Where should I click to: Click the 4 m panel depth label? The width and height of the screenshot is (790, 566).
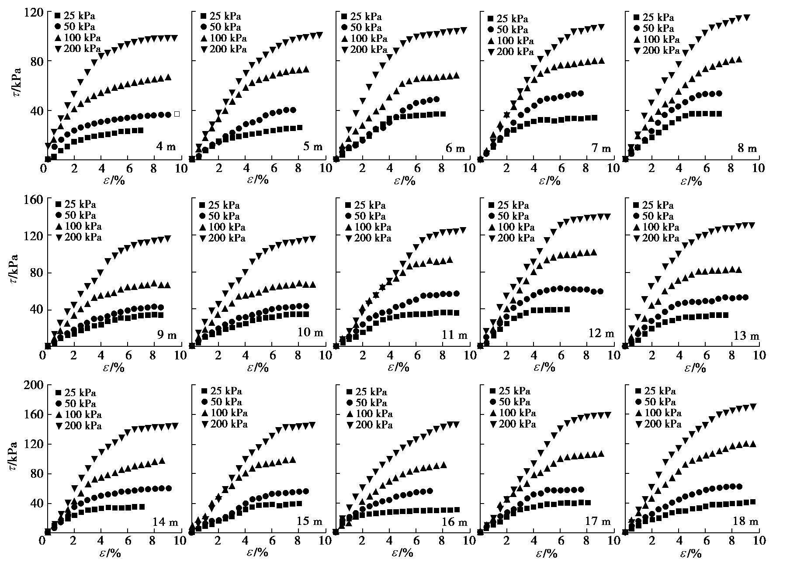click(x=166, y=146)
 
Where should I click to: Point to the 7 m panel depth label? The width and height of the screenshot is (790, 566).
click(x=601, y=148)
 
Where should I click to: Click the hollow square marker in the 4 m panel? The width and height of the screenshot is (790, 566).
click(x=177, y=114)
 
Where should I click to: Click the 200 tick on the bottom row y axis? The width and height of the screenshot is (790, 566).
click(x=33, y=385)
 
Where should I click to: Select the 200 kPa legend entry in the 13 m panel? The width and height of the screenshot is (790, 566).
click(x=656, y=238)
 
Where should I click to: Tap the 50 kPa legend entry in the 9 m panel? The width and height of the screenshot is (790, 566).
click(x=75, y=215)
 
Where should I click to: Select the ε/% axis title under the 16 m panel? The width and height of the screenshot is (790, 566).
click(x=401, y=553)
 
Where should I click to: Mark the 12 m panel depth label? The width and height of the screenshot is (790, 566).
click(x=602, y=334)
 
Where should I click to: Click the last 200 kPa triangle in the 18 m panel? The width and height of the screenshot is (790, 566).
click(x=753, y=407)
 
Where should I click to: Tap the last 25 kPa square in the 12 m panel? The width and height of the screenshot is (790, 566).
click(x=567, y=309)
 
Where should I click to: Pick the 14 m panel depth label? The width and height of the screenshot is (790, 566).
click(x=164, y=521)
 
